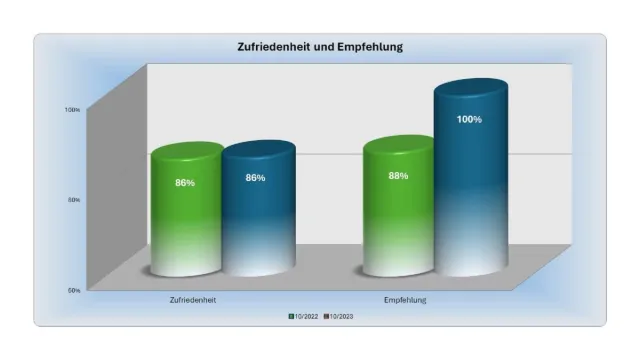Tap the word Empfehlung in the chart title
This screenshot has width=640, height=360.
click(371, 47)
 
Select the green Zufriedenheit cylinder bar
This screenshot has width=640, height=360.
click(185, 220)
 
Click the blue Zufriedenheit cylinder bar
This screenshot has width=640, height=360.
click(257, 220)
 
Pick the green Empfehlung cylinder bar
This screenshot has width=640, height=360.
click(397, 220)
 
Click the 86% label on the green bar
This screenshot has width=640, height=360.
click(185, 183)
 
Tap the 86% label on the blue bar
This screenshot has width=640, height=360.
click(256, 178)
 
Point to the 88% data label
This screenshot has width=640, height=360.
click(398, 175)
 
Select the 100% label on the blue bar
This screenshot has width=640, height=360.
click(469, 120)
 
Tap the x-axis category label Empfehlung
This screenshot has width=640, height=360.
click(405, 299)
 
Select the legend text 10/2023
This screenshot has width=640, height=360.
click(342, 317)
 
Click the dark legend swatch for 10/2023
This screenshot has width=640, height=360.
click(326, 317)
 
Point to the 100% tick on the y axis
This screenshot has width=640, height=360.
click(73, 109)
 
